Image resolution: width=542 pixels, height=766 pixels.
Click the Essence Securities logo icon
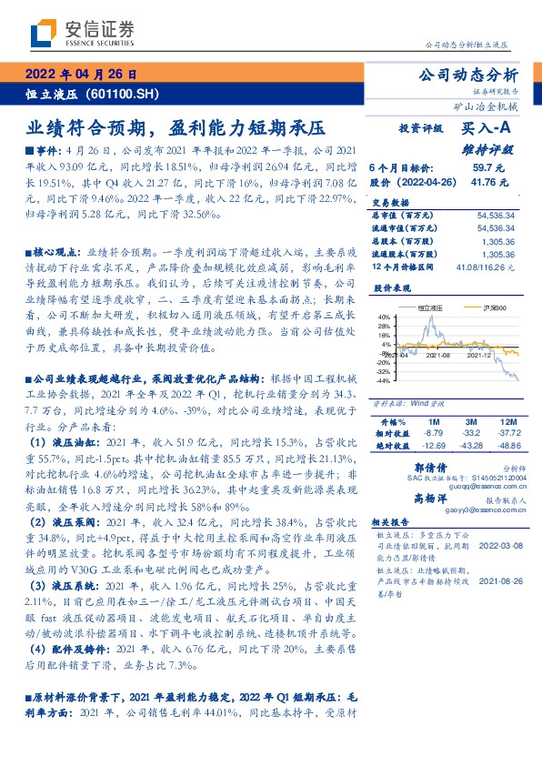45,34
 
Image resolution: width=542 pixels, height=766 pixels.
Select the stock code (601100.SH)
122,95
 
